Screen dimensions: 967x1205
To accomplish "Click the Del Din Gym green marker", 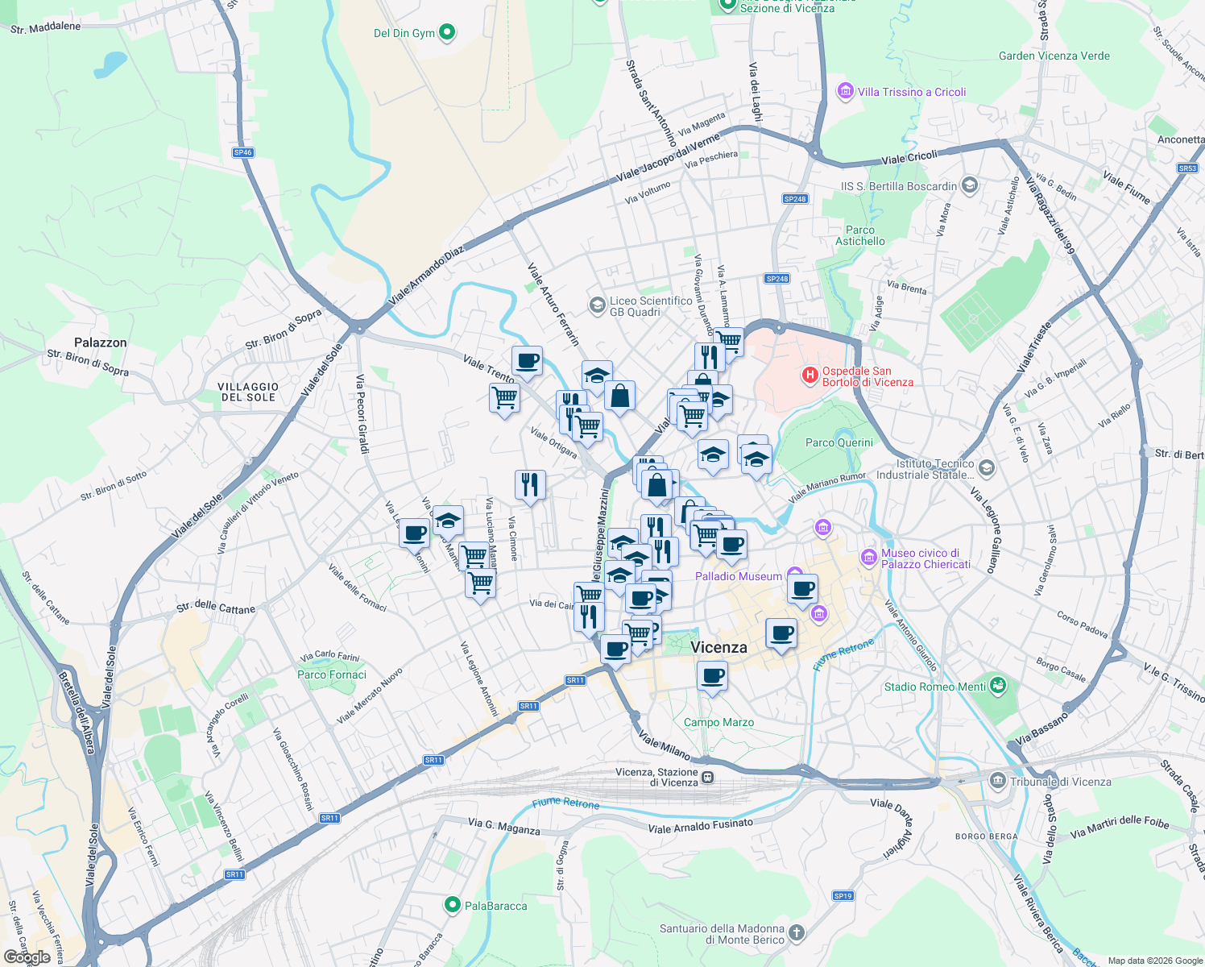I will tap(447, 33).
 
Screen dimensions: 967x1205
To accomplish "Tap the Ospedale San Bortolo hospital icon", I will tap(810, 376).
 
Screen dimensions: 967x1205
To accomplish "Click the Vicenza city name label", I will tap(718, 647).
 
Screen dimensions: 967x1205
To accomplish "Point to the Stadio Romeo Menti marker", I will tap(999, 686).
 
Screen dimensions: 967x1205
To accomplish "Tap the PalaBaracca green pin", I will tap(453, 905).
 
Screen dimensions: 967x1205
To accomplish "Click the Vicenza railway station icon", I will tap(707, 777).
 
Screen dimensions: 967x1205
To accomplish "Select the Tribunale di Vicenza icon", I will tap(998, 781).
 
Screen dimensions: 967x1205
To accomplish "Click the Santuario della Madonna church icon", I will tap(796, 933).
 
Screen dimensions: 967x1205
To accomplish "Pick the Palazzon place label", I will tap(101, 342).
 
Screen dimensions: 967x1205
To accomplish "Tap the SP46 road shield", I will tap(242, 152).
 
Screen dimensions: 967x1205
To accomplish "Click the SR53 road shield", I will tap(1187, 168).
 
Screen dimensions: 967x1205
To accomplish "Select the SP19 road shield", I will tap(843, 895).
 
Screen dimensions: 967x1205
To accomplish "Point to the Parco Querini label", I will tap(839, 442).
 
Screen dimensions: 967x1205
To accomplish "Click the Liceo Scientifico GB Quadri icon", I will tap(597, 305).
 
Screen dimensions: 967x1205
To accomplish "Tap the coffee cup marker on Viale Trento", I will tap(527, 362).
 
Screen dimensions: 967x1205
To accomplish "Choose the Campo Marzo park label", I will tap(718, 722).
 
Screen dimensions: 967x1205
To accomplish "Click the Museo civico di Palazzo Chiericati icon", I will tap(868, 557).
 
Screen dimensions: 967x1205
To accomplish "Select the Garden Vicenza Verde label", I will tap(1054, 56).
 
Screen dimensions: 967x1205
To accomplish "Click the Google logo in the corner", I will tap(27, 957).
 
